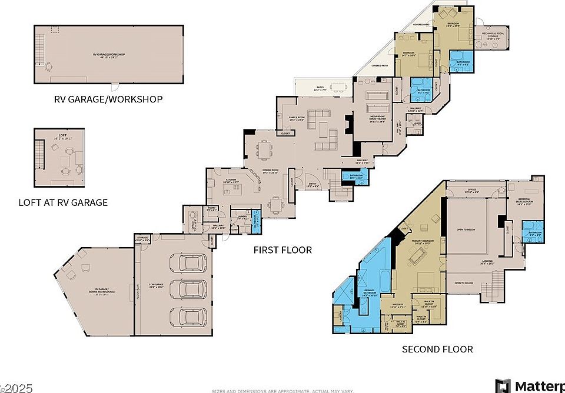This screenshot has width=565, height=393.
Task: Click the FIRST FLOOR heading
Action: tap(282, 250)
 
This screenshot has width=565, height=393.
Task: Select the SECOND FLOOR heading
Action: tap(437, 349)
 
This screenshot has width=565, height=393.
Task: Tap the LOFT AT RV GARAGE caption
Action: tap(63, 203)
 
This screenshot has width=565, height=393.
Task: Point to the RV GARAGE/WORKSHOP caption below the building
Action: tap(108, 99)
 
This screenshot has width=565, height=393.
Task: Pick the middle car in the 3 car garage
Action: tap(188, 289)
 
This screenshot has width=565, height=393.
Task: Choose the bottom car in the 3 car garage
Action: tap(188, 316)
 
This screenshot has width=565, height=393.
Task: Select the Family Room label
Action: tap(296, 118)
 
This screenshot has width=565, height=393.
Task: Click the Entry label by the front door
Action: tap(313, 183)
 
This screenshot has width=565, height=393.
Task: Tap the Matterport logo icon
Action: tap(503, 386)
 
